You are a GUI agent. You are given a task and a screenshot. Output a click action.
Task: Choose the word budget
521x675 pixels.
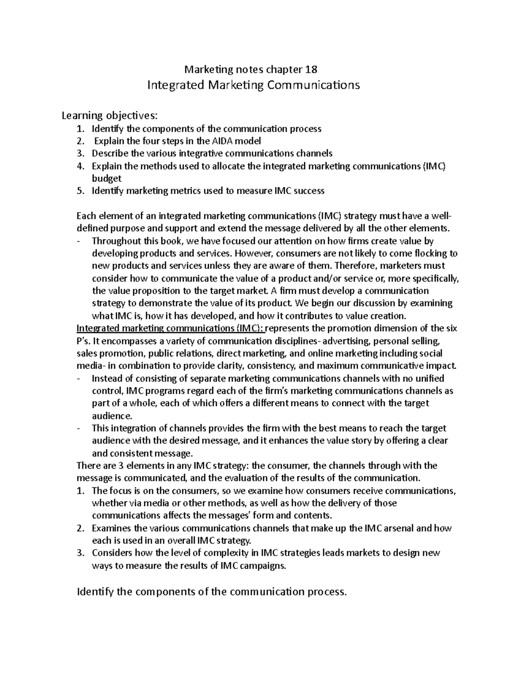[106, 178]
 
